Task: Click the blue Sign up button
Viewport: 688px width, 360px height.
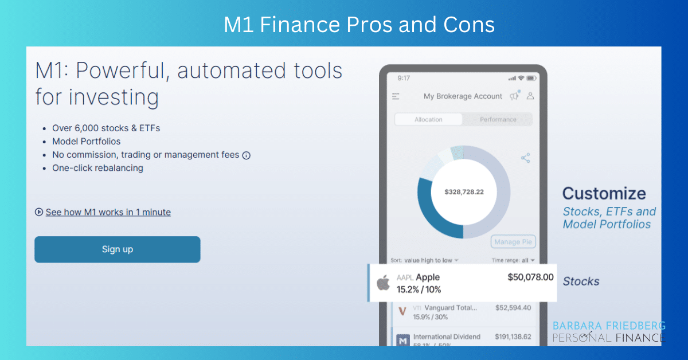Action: point(117,249)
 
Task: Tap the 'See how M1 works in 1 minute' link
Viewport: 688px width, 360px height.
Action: point(108,212)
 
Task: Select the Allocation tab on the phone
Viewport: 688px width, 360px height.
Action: point(428,119)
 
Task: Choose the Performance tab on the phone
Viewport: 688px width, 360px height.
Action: point(498,119)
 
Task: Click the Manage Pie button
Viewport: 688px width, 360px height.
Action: point(513,242)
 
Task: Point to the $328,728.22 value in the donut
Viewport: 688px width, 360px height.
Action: point(464,191)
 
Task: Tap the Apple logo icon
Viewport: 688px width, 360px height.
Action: point(383,283)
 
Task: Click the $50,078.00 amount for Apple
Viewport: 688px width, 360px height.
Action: point(530,277)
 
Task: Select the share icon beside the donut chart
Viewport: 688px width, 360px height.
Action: point(525,158)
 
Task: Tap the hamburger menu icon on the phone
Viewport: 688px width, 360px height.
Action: point(396,96)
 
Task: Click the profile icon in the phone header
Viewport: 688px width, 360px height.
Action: point(530,96)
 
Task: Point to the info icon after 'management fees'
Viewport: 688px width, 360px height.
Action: point(247,155)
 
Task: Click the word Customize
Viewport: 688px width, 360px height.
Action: point(604,193)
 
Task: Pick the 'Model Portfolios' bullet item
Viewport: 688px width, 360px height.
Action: point(86,141)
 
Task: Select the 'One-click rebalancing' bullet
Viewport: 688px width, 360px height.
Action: point(97,168)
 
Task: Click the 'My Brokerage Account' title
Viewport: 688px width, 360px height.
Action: point(463,96)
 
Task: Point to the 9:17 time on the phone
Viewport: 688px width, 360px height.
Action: point(404,78)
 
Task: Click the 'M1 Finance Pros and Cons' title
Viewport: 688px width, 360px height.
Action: point(359,25)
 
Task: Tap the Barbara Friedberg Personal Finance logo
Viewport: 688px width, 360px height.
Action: point(608,332)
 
